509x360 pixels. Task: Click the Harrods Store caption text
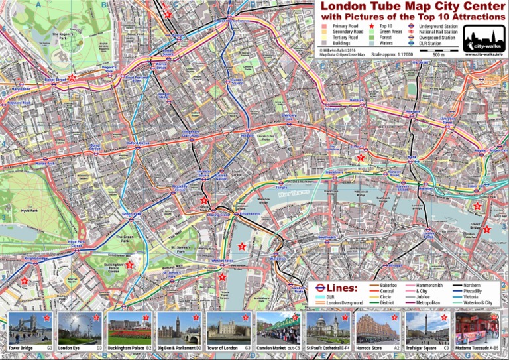pos(374,347)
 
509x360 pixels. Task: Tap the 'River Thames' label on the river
pos(294,195)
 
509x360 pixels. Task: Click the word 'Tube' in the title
pos(378,7)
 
